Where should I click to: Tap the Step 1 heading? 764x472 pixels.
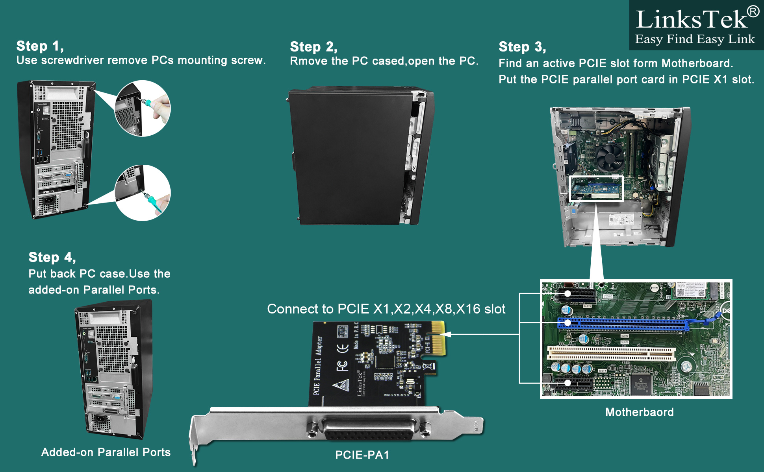coord(40,46)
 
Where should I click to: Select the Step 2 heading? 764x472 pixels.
coord(313,47)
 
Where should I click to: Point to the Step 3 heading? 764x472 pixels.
coord(522,47)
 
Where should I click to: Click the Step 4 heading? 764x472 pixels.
coord(52,257)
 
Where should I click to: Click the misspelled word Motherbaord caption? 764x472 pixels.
coord(639,412)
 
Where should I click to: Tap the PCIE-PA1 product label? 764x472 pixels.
coord(362,455)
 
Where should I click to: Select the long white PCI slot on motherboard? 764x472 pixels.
coord(610,353)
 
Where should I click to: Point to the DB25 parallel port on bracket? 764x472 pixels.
coord(369,430)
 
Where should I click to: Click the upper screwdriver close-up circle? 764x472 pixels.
coord(143,109)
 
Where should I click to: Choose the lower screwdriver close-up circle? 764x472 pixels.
coord(143,193)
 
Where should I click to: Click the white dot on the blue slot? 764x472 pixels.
coord(567,323)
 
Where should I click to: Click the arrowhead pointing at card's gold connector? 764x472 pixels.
coord(448,334)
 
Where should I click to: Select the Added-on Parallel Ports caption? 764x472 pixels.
coord(106,452)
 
